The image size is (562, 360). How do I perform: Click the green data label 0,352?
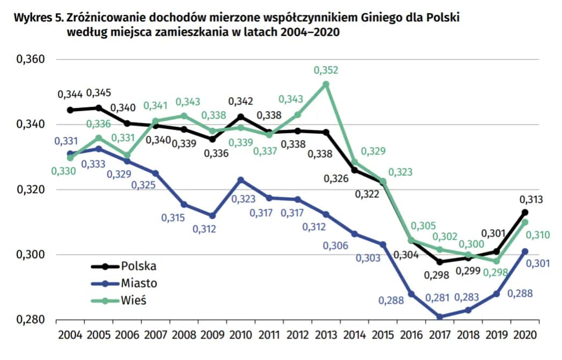tap(326, 70)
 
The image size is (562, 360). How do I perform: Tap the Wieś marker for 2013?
tap(326, 84)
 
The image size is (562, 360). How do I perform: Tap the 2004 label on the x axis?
tap(70, 336)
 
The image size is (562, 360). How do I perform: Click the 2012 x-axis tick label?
tap(297, 336)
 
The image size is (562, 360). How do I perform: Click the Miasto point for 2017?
tap(440, 317)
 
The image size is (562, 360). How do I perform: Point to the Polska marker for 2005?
tap(98, 108)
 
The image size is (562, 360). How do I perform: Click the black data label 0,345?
tap(99, 94)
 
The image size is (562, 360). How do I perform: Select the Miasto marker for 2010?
tap(240, 180)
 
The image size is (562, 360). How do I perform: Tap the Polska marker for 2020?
tap(525, 212)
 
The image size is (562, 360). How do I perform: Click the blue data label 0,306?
tap(335, 245)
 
